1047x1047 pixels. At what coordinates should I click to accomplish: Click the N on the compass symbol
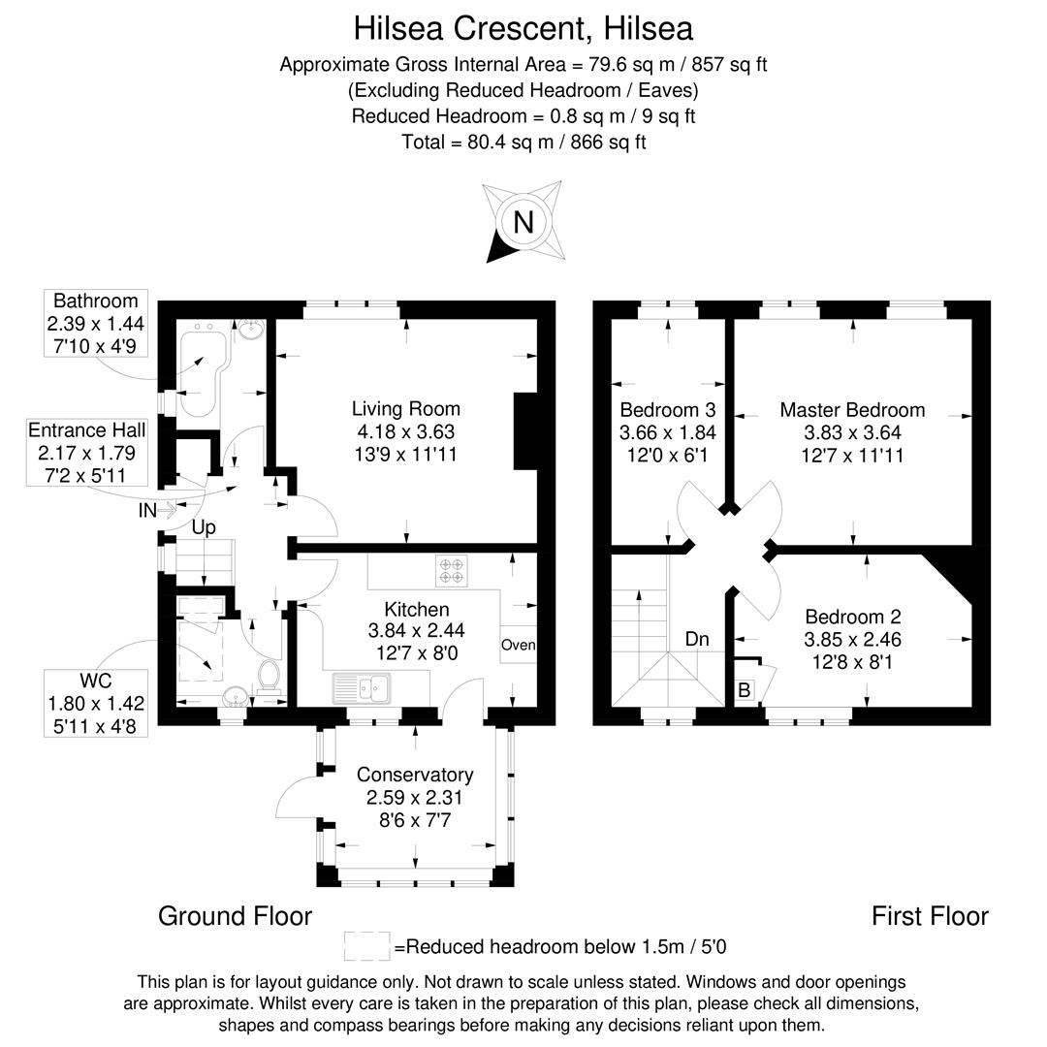(x=523, y=223)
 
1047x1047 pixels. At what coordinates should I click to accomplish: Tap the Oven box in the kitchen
(x=518, y=645)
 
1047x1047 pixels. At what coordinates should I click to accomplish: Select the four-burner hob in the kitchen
(x=452, y=570)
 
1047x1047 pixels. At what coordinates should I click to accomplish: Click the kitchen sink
(x=360, y=688)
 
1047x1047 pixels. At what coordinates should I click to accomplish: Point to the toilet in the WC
(x=270, y=680)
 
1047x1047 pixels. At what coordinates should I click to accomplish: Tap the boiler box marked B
(x=745, y=690)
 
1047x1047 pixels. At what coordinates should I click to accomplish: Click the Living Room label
(x=405, y=409)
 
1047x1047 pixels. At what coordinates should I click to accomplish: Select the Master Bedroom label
(x=852, y=410)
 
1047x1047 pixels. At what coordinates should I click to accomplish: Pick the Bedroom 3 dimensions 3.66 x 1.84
(x=668, y=432)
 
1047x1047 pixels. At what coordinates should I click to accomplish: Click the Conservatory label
(x=415, y=775)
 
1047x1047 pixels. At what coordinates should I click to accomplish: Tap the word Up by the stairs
(x=203, y=527)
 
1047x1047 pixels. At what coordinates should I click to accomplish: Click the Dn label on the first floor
(x=696, y=640)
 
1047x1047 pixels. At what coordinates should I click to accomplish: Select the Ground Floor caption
(x=235, y=916)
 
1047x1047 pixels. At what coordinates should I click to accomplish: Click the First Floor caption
(x=929, y=916)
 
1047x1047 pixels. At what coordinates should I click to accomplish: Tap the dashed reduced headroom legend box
(x=366, y=946)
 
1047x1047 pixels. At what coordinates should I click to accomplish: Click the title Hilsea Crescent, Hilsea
(x=523, y=28)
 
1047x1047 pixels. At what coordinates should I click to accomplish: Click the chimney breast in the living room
(x=524, y=431)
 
